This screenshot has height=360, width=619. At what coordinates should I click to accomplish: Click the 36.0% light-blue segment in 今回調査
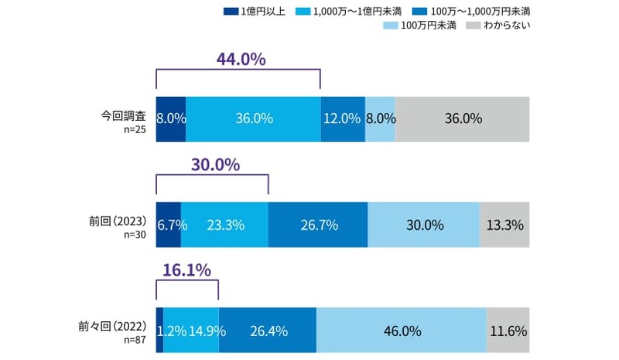(254, 119)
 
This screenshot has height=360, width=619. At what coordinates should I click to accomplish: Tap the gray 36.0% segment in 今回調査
(463, 119)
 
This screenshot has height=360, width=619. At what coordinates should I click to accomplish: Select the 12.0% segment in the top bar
(343, 119)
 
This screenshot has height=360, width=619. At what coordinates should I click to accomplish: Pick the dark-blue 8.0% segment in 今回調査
(171, 119)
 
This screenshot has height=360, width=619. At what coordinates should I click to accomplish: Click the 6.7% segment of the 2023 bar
(169, 225)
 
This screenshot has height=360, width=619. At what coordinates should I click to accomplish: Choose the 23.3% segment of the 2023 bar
(224, 225)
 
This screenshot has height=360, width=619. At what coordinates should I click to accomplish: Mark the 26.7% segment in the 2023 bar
(318, 225)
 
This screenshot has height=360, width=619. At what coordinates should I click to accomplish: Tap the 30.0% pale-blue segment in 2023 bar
(424, 225)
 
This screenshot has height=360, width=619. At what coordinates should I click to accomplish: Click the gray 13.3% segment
(504, 225)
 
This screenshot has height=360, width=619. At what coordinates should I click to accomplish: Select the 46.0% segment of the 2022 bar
(402, 331)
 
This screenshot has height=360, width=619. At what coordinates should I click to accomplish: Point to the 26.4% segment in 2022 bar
(268, 331)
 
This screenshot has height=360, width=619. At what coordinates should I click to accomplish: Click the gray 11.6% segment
(508, 331)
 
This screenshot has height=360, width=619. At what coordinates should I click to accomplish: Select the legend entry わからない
(498, 26)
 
